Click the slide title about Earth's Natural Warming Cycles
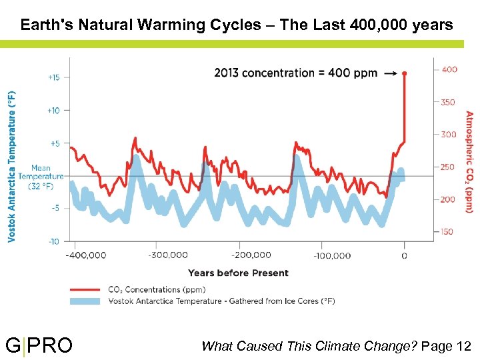237,25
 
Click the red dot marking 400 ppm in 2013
404,73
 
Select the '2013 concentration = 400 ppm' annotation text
295,73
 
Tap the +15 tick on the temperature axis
53,77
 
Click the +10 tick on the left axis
53,110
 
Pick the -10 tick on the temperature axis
53,241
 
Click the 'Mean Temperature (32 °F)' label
46,177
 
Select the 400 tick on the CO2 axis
449,69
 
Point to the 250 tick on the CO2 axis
449,167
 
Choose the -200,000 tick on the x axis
251,255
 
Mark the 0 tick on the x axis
404,255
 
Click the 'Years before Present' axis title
238,273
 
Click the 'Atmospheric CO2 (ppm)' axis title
469,161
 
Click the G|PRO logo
39,345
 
